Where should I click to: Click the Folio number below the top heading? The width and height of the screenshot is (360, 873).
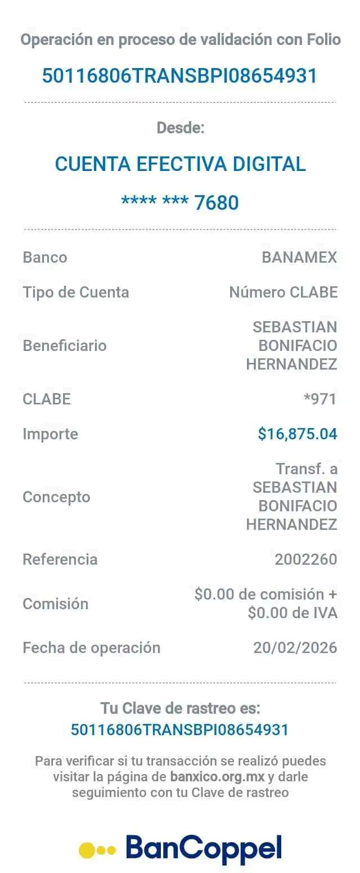(180, 75)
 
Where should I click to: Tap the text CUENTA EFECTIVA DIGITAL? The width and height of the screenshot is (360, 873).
(180, 164)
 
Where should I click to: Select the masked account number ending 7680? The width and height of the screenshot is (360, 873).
(180, 202)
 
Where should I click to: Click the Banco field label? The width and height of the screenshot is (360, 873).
(45, 258)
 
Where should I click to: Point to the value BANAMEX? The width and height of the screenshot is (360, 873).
(299, 258)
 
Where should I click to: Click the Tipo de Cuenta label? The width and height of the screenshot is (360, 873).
(76, 292)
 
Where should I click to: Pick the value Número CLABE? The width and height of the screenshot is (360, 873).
(283, 292)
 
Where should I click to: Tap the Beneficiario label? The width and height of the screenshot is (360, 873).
(65, 345)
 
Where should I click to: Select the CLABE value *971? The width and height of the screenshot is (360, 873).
(319, 399)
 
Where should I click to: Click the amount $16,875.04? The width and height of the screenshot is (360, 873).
(297, 434)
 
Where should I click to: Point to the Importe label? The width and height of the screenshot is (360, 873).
(51, 434)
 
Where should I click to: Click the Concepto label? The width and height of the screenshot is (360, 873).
(56, 497)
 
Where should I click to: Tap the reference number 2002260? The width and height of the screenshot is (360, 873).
(306, 559)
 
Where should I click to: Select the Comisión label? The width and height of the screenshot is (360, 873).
(56, 604)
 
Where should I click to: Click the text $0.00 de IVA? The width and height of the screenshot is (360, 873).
(292, 613)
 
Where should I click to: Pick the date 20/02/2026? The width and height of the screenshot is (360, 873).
(295, 647)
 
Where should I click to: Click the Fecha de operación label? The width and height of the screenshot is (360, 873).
(91, 647)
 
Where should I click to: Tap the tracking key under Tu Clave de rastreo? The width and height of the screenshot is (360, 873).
(180, 730)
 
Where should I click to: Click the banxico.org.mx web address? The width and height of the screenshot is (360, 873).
(217, 777)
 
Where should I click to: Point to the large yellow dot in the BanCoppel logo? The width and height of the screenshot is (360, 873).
(88, 849)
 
